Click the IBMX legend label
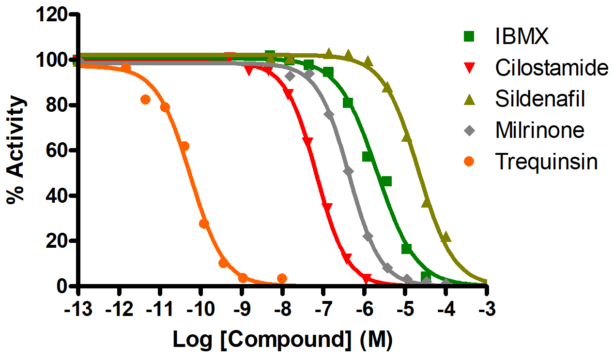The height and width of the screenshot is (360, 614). tap(522, 37)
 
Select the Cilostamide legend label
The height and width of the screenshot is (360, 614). tap(551, 68)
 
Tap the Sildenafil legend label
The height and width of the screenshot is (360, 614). tap(540, 99)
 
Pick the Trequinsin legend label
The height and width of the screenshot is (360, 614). tap(546, 162)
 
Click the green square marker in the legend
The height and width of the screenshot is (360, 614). tap(469, 36)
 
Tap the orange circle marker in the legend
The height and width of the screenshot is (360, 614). tap(469, 161)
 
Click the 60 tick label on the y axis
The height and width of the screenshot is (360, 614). tap(57, 150)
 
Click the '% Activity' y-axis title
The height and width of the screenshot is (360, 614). tap(16, 150)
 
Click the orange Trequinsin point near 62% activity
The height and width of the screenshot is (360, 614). tap(184, 146)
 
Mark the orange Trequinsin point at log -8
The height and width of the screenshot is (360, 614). tap(282, 278)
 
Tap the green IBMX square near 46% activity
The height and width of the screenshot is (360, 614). tap(386, 181)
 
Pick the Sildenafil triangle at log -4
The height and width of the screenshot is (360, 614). tap(446, 237)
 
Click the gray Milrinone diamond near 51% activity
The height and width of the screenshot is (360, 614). tap(348, 171)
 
